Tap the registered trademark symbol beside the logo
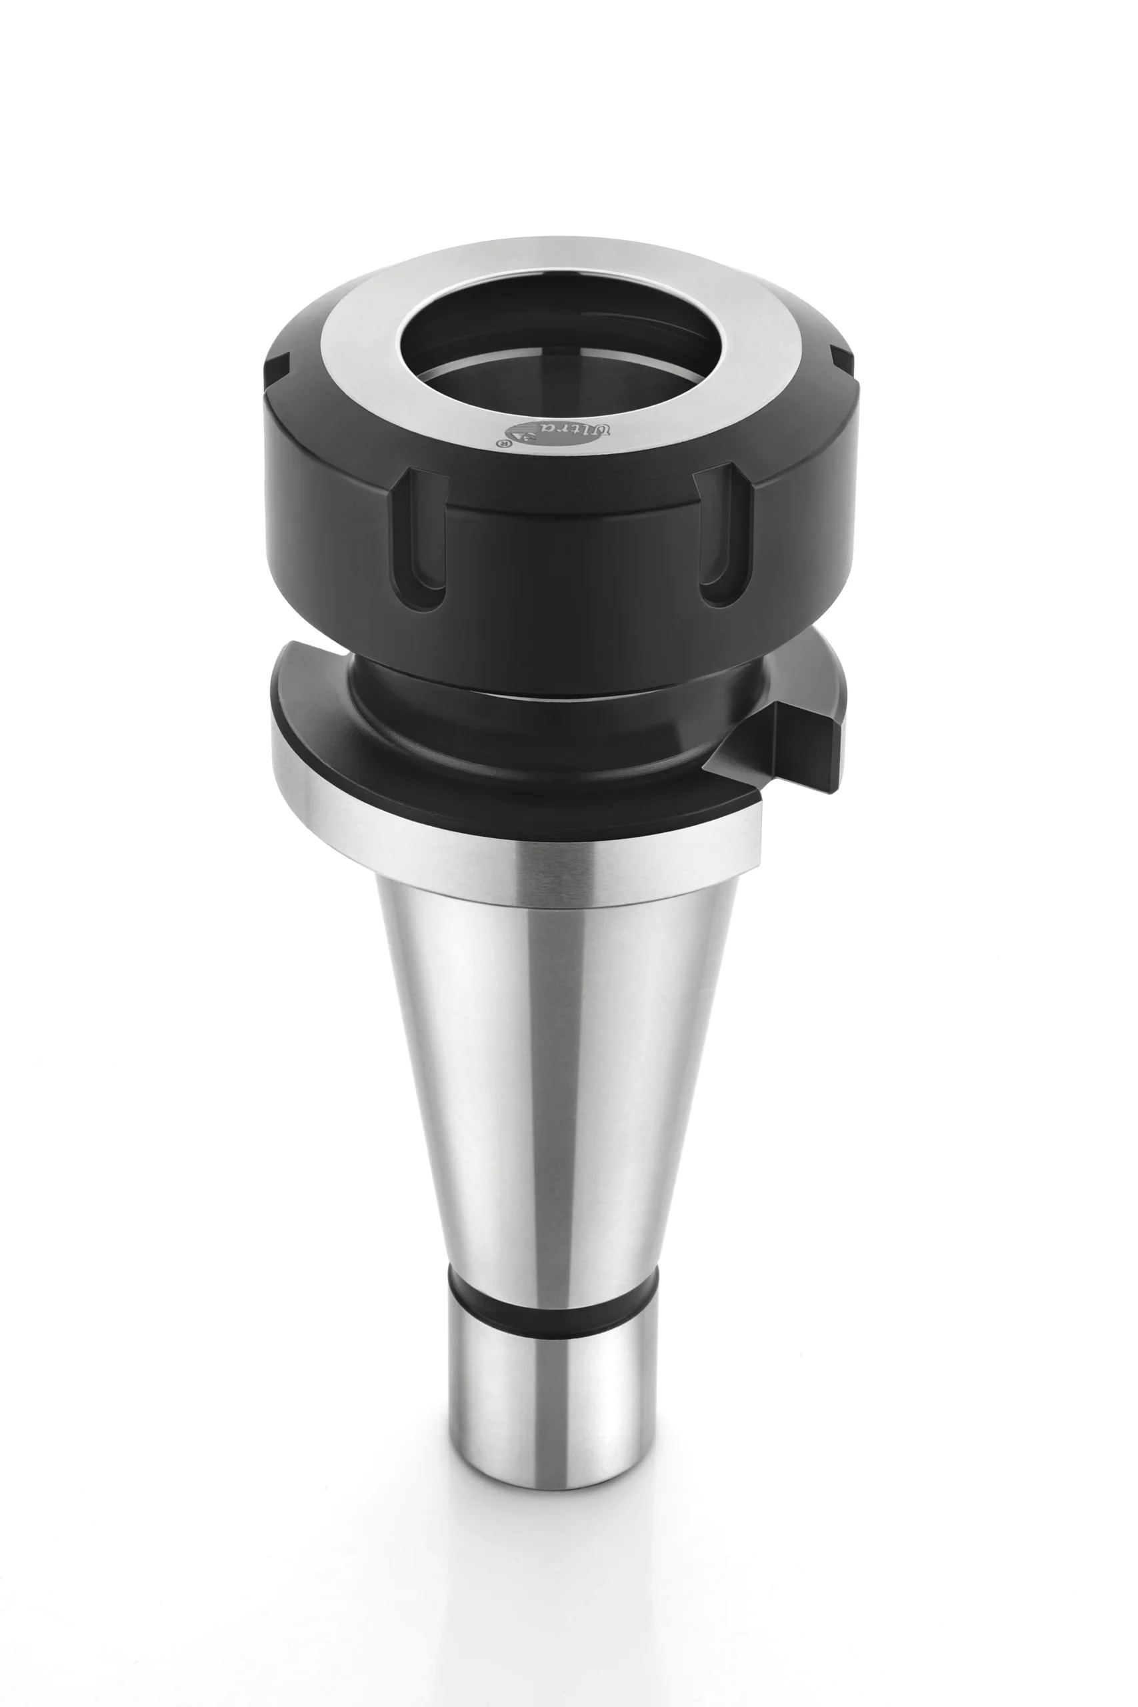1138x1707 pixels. pos(500,441)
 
